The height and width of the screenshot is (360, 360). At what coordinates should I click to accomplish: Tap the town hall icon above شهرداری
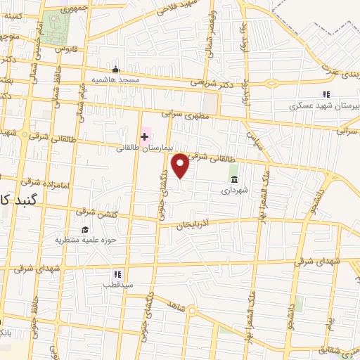pyautogui.click(x=233, y=179)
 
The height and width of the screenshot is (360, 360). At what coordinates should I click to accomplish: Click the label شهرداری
pyautogui.click(x=233, y=190)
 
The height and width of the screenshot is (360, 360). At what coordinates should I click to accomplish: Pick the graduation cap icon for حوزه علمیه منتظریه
pyautogui.click(x=85, y=229)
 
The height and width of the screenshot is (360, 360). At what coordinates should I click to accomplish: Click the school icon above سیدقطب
pyautogui.click(x=117, y=274)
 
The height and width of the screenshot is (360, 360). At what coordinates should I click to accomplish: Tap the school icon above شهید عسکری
pyautogui.click(x=325, y=94)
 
